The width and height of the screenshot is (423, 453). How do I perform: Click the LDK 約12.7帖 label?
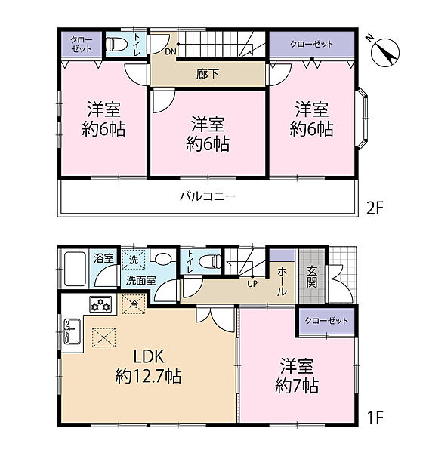[147, 365]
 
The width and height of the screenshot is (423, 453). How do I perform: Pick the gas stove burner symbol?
[100, 304]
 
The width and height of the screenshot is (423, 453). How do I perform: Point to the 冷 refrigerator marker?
[134, 305]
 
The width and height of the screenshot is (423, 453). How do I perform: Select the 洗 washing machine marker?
[134, 259]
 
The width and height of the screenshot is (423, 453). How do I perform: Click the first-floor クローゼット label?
[326, 321]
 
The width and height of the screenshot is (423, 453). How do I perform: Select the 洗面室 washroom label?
[140, 280]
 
